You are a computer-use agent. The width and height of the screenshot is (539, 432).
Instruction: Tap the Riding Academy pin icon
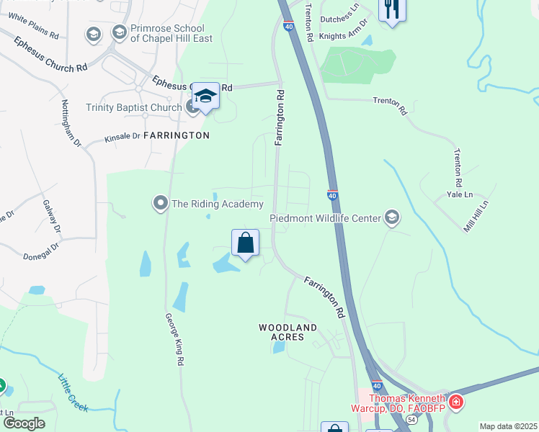point(161,204)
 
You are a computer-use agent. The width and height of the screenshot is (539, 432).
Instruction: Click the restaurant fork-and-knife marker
point(392,9)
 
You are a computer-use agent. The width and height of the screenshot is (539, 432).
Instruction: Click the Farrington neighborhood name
point(177,135)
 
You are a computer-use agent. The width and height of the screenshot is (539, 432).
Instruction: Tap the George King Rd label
point(171,341)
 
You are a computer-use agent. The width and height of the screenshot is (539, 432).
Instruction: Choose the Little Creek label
point(73,393)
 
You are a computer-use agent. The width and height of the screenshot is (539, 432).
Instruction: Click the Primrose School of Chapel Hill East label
point(171,33)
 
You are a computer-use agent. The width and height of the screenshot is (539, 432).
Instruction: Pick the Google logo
point(24,423)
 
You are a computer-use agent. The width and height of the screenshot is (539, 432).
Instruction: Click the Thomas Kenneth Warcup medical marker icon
point(455,400)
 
